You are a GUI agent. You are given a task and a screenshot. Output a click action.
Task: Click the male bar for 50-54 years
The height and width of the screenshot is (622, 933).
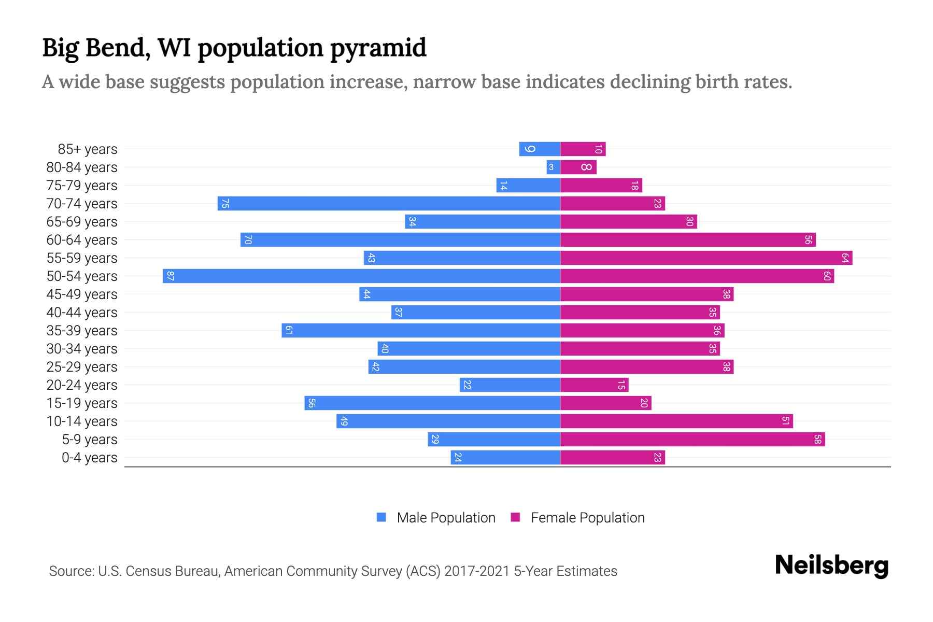361,276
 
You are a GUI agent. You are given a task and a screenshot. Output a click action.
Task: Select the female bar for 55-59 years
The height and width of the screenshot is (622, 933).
706,258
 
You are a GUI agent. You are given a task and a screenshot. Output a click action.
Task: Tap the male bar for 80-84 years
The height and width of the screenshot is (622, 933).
553,167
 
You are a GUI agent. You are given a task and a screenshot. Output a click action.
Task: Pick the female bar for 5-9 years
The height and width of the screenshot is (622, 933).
692,439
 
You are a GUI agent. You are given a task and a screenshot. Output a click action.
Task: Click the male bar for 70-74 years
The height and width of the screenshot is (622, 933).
389,203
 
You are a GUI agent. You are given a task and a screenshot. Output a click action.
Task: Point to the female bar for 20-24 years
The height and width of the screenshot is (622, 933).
594,385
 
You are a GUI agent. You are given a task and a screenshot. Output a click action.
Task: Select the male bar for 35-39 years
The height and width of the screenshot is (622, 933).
421,330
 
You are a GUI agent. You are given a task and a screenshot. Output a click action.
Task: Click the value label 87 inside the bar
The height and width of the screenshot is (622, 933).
170,276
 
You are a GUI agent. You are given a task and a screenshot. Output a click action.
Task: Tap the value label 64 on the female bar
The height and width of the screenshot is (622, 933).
845,258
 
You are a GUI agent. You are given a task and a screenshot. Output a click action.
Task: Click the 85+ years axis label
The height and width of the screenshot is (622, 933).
88,149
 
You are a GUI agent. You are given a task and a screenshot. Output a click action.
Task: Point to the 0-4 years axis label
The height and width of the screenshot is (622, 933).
89,458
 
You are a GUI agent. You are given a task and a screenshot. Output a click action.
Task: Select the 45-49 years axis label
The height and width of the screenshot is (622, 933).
82,294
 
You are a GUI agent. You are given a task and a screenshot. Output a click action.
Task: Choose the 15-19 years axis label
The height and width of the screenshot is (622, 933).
82,403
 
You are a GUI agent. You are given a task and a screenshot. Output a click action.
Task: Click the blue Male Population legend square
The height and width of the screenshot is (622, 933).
381,517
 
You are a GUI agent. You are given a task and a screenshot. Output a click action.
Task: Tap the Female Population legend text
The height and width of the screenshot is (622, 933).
587,517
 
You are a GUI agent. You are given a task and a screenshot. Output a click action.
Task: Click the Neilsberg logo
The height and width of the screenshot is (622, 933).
831,566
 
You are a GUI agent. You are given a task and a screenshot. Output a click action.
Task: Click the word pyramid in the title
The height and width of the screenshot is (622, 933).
378,48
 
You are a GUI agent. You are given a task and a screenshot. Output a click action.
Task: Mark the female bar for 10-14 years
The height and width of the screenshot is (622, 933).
676,421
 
